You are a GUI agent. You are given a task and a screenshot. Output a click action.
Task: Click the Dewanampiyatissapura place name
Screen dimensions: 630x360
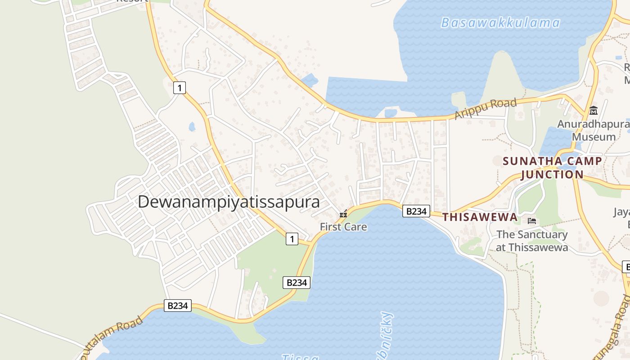click(x=229, y=202)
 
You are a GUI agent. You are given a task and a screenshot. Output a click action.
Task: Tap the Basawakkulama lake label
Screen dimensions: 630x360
click(x=500, y=23)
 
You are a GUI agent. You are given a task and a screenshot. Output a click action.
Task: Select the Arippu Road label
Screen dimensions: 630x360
click(x=486, y=109)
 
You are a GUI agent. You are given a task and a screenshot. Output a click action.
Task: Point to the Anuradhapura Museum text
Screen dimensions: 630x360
click(x=594, y=130)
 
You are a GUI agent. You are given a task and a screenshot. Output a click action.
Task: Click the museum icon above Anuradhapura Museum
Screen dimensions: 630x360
click(x=594, y=110)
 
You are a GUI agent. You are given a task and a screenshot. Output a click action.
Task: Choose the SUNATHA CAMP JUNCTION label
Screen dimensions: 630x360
click(x=552, y=167)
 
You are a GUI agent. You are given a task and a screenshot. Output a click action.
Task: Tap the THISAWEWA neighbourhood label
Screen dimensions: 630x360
click(x=480, y=217)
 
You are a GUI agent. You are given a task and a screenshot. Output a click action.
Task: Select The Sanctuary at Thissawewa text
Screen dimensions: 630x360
click(x=532, y=241)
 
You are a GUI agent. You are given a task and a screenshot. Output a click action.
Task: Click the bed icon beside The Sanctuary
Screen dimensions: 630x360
click(x=532, y=221)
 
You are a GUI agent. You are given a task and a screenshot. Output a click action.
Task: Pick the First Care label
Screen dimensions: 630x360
click(x=343, y=227)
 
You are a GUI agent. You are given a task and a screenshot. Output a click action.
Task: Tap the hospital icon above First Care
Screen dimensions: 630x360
click(x=343, y=214)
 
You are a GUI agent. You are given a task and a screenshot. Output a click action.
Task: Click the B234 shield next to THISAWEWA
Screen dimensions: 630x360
click(x=416, y=211)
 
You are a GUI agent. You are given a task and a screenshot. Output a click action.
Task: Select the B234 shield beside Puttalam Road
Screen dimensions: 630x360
click(x=177, y=306)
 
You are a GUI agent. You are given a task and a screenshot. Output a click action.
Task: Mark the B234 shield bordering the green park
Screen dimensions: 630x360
click(x=297, y=283)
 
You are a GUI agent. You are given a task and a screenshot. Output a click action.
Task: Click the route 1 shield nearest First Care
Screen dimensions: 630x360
click(x=292, y=239)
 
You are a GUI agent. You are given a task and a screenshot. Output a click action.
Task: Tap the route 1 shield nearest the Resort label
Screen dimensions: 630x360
click(x=180, y=88)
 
